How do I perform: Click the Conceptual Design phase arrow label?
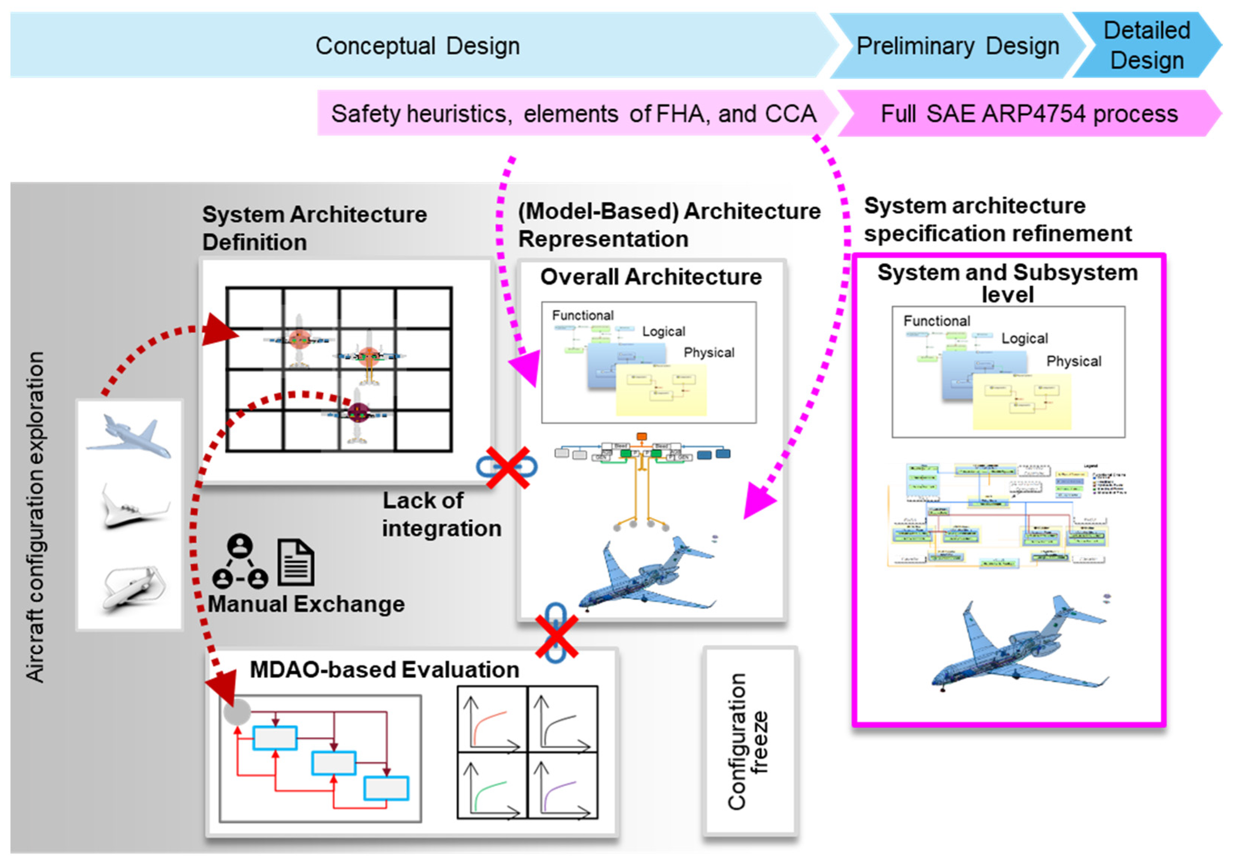(x=417, y=46)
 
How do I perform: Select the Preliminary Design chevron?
(x=957, y=46)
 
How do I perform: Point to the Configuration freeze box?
(x=749, y=741)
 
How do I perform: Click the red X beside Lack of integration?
(x=508, y=467)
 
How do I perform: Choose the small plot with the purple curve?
(x=562, y=785)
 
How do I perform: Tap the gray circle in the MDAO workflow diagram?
(x=237, y=712)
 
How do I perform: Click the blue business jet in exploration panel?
(x=129, y=436)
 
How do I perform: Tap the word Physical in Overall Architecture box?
(x=709, y=352)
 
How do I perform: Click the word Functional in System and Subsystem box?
(x=937, y=321)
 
